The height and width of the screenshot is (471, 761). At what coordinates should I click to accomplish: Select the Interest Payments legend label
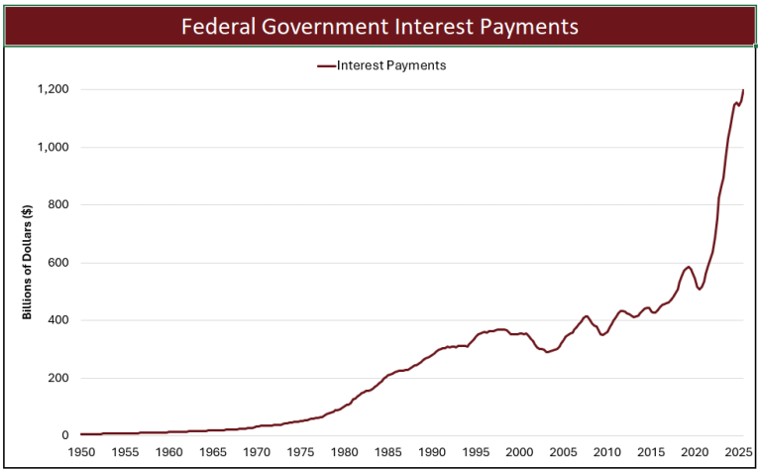point(390,66)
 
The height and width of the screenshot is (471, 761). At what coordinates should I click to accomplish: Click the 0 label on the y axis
point(64,435)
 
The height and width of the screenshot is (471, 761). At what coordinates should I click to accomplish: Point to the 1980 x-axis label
point(344,452)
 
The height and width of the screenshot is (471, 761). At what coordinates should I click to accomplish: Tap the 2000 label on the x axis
point(519,452)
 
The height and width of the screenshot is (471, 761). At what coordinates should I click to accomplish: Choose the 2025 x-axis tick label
point(737,452)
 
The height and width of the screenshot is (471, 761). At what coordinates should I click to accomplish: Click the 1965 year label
point(212,452)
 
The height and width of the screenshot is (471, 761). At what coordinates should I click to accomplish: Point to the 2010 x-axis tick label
point(606,452)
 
